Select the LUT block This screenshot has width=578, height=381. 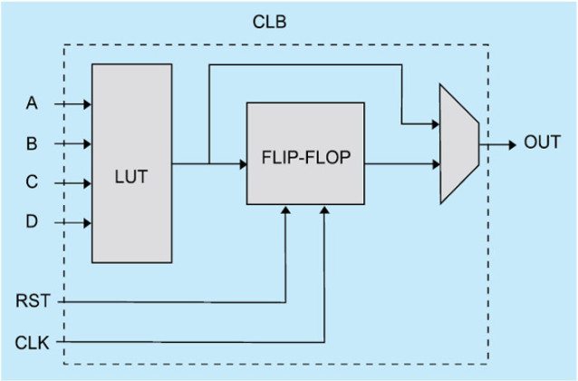131,163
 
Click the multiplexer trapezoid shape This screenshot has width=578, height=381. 458,143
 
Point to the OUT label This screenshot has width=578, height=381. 542,143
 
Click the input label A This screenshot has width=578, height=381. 32,104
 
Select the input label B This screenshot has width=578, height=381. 32,143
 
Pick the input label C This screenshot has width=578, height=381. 32,182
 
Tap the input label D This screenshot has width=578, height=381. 32,221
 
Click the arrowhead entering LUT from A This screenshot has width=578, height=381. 86,104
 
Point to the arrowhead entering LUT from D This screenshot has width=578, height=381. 86,221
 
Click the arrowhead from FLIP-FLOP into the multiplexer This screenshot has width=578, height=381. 435,164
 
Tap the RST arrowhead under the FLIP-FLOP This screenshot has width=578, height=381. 286,210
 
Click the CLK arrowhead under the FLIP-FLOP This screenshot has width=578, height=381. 325,210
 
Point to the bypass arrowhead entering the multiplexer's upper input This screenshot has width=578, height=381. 435,124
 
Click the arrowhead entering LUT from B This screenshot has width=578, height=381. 86,143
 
